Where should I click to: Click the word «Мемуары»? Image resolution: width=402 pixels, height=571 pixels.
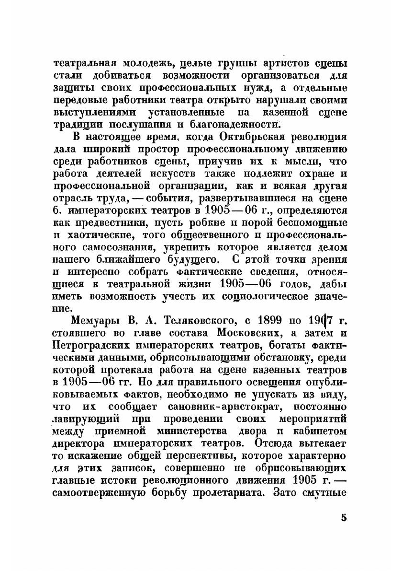click(92, 321)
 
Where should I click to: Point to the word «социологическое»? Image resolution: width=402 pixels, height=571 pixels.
click(259, 296)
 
